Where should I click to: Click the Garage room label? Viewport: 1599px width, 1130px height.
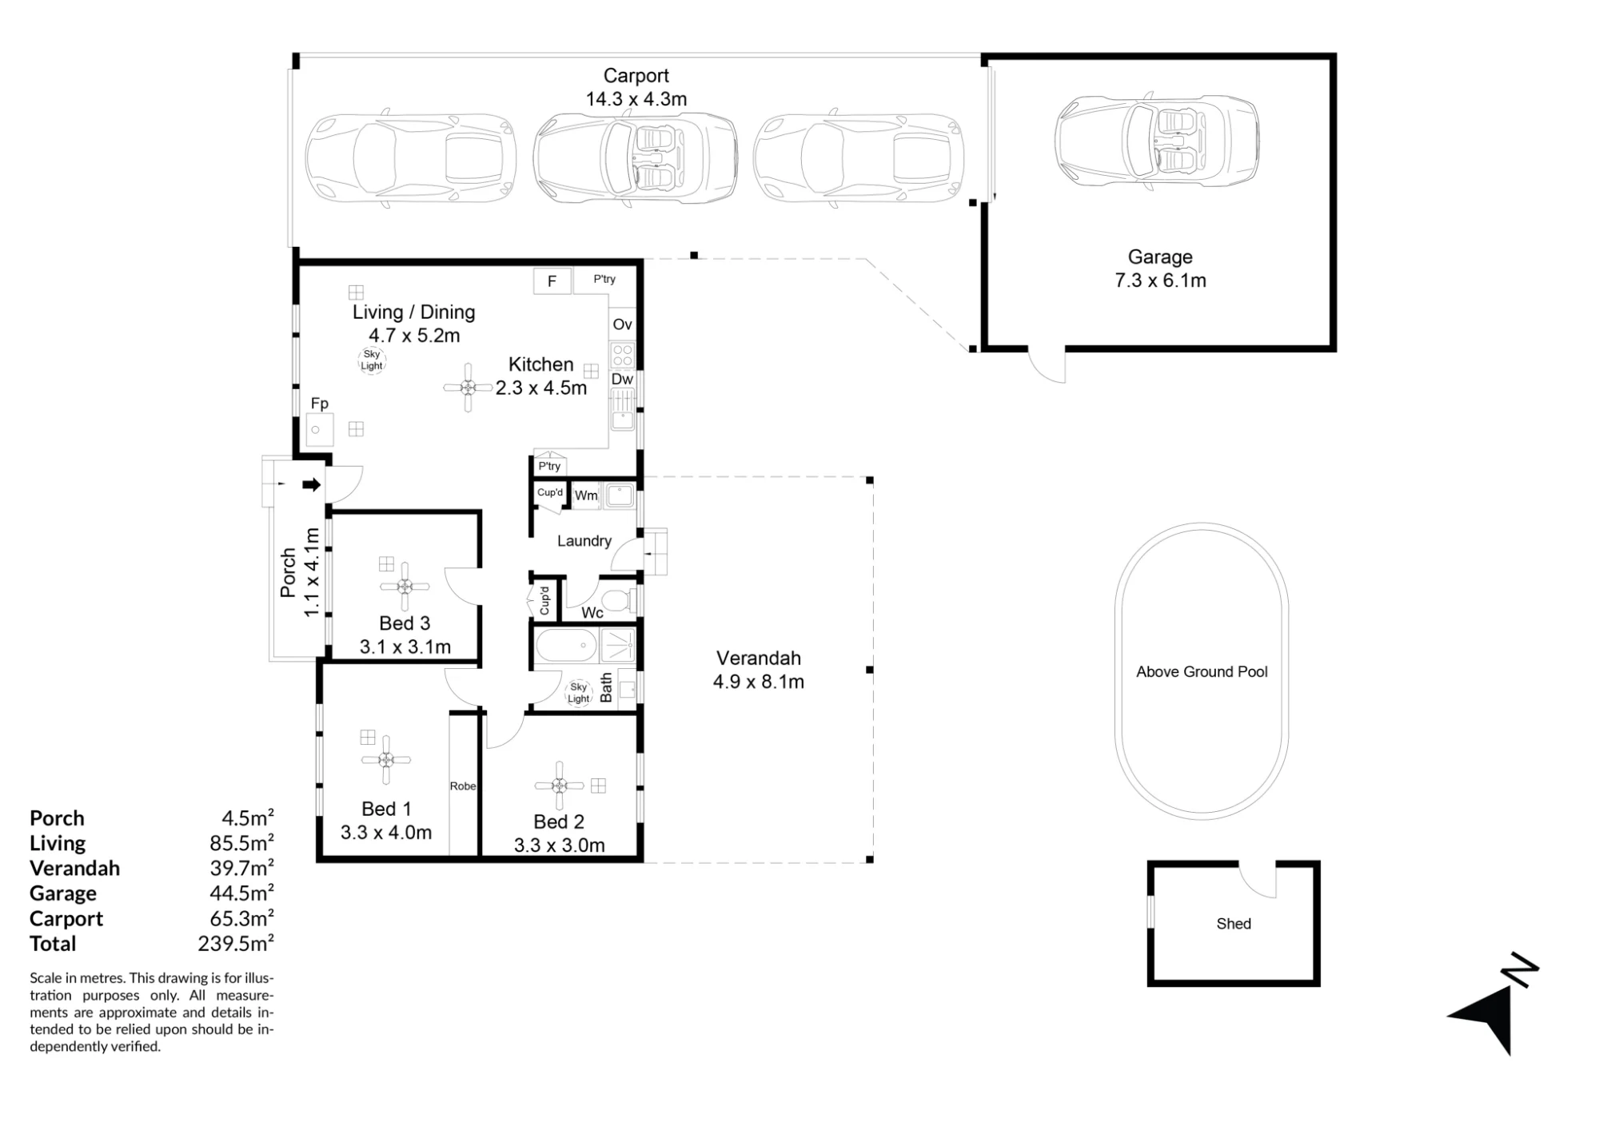1160,257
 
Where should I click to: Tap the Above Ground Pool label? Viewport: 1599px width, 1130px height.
1202,672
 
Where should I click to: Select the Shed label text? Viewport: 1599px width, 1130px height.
1234,924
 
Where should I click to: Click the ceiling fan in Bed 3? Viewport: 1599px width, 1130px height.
405,587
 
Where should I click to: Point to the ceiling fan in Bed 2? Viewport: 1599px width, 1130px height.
560,786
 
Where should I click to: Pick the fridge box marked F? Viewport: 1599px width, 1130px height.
552,281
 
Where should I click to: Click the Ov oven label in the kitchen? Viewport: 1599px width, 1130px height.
622,324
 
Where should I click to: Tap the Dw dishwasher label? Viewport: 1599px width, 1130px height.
622,380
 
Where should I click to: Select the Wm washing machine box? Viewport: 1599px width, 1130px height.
586,495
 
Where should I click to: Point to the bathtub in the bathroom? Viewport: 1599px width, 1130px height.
566,646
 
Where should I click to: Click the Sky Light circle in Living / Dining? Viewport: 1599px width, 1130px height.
372,360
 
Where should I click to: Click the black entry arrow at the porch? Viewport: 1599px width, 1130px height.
313,484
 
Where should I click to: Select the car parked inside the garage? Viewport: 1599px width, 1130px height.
1157,141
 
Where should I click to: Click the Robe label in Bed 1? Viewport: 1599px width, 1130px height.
463,786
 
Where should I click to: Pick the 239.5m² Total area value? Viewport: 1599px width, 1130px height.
236,944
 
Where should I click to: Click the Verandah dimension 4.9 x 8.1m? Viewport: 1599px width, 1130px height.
759,682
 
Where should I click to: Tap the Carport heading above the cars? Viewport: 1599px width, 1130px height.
636,76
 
